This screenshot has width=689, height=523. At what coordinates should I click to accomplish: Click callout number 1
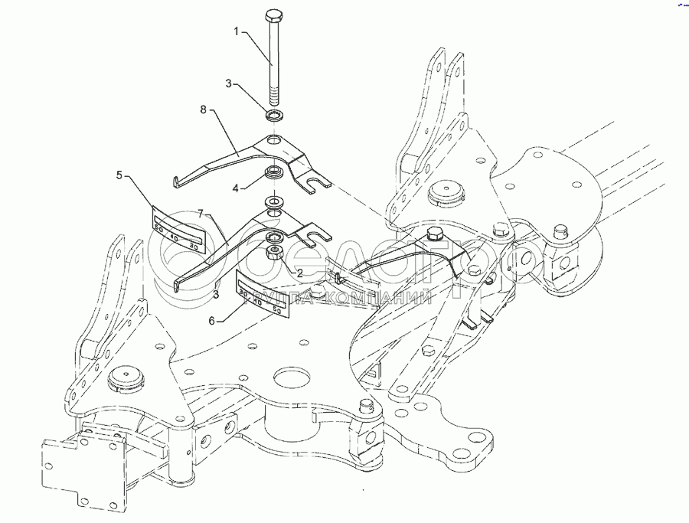pyautogui.click(x=237, y=32)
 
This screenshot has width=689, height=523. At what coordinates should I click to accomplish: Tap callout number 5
pyautogui.click(x=120, y=175)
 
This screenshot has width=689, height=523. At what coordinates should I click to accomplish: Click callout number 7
pyautogui.click(x=201, y=214)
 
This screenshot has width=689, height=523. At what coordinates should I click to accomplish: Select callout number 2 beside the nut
pyautogui.click(x=299, y=272)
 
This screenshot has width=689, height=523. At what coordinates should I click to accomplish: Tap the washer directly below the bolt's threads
pyautogui.click(x=274, y=116)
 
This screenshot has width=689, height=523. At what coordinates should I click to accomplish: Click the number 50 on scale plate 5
pyautogui.click(x=159, y=227)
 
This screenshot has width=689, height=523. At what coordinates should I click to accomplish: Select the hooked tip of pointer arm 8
pyautogui.click(x=176, y=181)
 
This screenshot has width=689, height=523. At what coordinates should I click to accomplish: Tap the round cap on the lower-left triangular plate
pyautogui.click(x=122, y=378)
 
